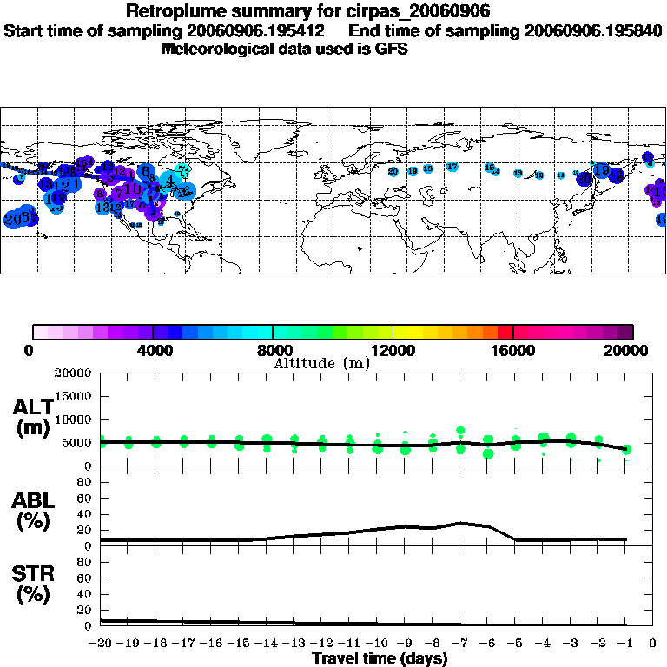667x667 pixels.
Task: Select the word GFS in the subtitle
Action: [393, 50]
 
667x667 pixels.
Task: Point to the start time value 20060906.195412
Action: [262, 30]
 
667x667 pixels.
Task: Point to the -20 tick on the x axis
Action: [101, 644]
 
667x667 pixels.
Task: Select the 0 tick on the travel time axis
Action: [653, 644]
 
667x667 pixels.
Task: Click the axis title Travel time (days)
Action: [380, 659]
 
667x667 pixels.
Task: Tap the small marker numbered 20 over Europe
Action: [393, 172]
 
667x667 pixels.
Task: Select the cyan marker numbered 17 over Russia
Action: [452, 166]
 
